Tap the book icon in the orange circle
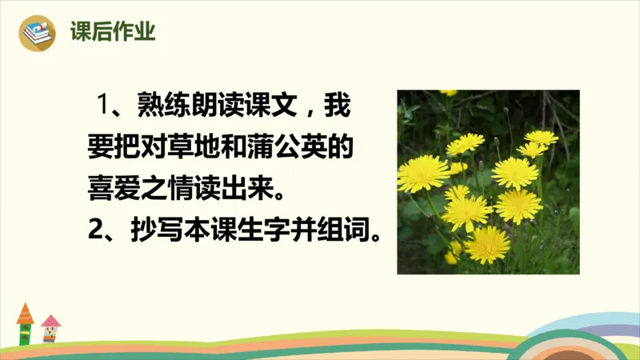pos(36,33)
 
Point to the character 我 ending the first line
pos(338,106)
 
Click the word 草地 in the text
pos(199,148)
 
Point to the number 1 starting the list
pos(102,106)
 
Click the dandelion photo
pos(488,182)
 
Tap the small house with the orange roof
pos(25,324)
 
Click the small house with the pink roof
pos(50,329)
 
